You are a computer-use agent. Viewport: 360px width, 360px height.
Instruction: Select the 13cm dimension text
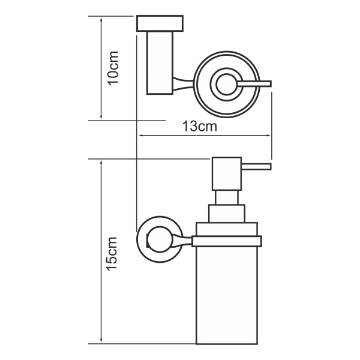pos(199,127)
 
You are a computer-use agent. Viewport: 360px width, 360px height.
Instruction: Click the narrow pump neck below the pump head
pos(227,197)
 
